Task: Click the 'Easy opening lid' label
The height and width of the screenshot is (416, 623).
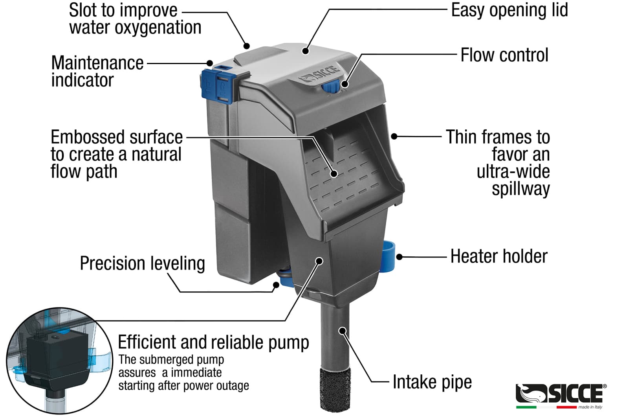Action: click(x=509, y=10)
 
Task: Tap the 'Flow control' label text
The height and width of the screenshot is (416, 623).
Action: click(x=504, y=55)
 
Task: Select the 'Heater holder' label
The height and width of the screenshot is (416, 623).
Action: click(x=498, y=256)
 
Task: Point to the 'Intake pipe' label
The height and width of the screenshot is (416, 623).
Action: click(x=432, y=382)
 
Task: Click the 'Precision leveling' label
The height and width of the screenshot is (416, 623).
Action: click(x=142, y=263)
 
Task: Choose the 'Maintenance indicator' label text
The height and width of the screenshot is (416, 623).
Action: click(x=97, y=72)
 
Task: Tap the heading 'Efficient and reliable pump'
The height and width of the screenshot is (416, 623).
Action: click(x=213, y=342)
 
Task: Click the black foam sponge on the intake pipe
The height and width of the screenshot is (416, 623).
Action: click(x=335, y=389)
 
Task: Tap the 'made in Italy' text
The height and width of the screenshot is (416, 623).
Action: click(x=590, y=407)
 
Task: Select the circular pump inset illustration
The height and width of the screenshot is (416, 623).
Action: click(x=59, y=360)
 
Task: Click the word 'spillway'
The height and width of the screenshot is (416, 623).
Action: click(x=520, y=189)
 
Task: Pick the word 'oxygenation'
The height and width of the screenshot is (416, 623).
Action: click(x=135, y=28)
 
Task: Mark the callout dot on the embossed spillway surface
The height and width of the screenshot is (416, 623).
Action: click(x=334, y=173)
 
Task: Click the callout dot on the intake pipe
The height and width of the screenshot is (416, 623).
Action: click(x=343, y=330)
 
